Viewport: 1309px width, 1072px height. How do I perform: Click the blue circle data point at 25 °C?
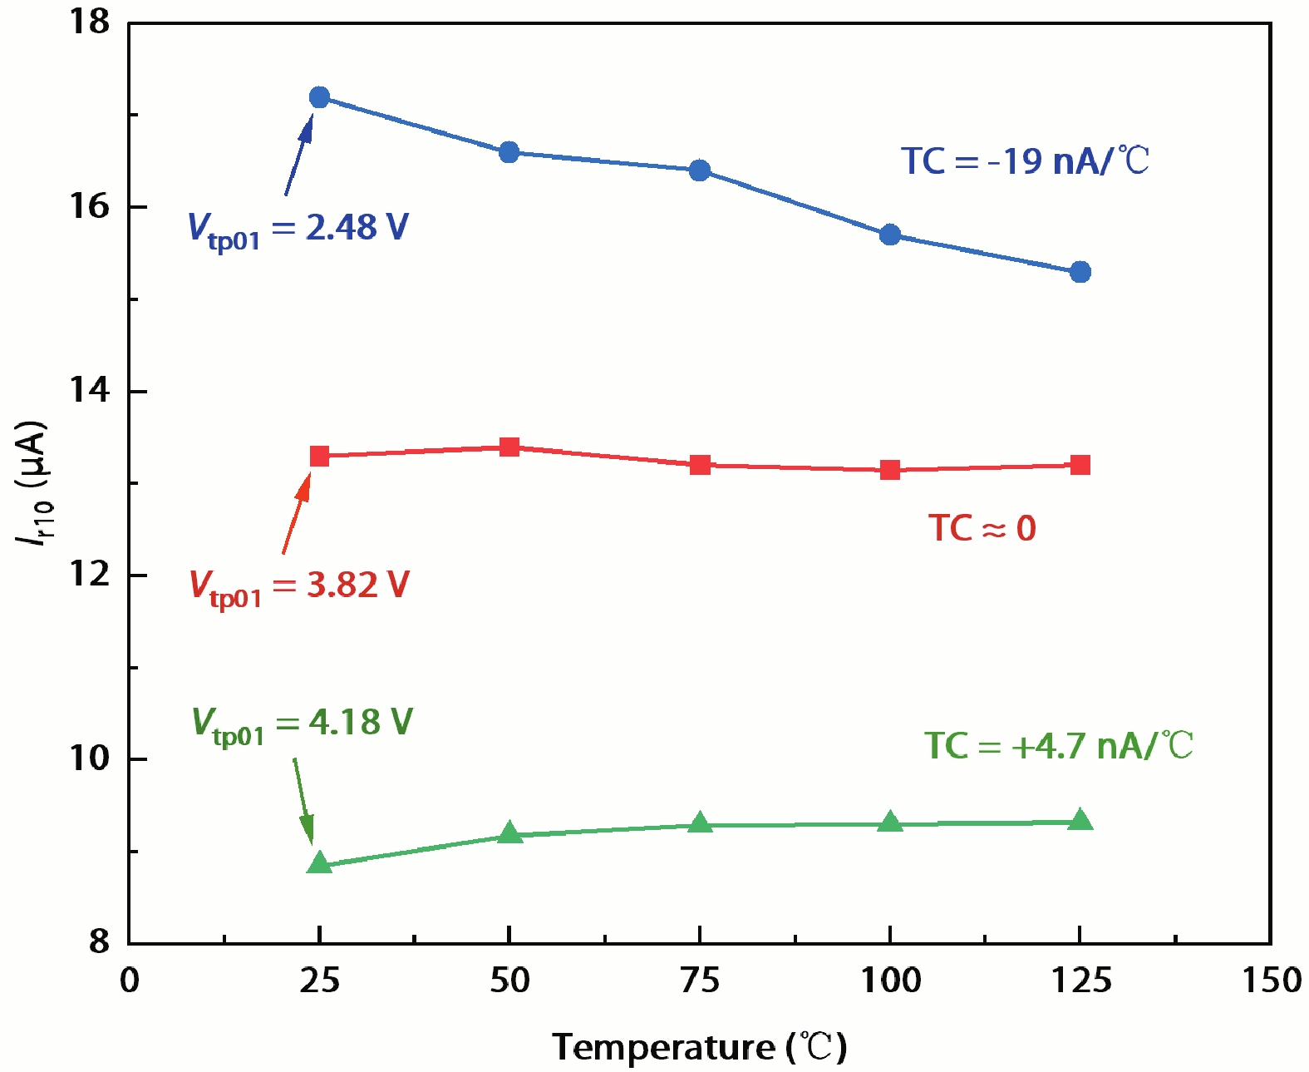click(319, 97)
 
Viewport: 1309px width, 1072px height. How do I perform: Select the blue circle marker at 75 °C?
click(700, 170)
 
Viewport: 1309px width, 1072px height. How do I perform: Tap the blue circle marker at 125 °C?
click(1080, 272)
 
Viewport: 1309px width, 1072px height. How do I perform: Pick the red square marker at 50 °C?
click(509, 447)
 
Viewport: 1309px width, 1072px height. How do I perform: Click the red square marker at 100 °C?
click(890, 470)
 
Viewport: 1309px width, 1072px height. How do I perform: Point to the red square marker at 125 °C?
click(1080, 465)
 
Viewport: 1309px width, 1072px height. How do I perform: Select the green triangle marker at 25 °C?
click(319, 864)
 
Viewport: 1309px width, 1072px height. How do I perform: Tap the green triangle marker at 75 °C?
click(700, 823)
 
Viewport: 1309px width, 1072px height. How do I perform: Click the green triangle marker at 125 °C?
click(1080, 820)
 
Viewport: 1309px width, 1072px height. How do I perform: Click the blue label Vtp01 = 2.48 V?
click(298, 229)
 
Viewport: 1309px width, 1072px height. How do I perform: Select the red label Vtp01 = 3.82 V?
click(299, 586)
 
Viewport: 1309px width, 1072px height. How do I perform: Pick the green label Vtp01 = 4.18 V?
click(302, 724)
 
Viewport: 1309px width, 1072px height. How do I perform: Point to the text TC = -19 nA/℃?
click(1025, 161)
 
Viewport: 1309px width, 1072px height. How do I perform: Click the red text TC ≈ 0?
click(982, 528)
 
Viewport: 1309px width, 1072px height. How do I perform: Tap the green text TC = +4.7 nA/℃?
click(1058, 746)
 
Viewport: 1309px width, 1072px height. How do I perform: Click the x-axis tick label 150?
click(1270, 981)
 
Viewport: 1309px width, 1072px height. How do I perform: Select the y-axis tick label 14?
click(90, 390)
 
